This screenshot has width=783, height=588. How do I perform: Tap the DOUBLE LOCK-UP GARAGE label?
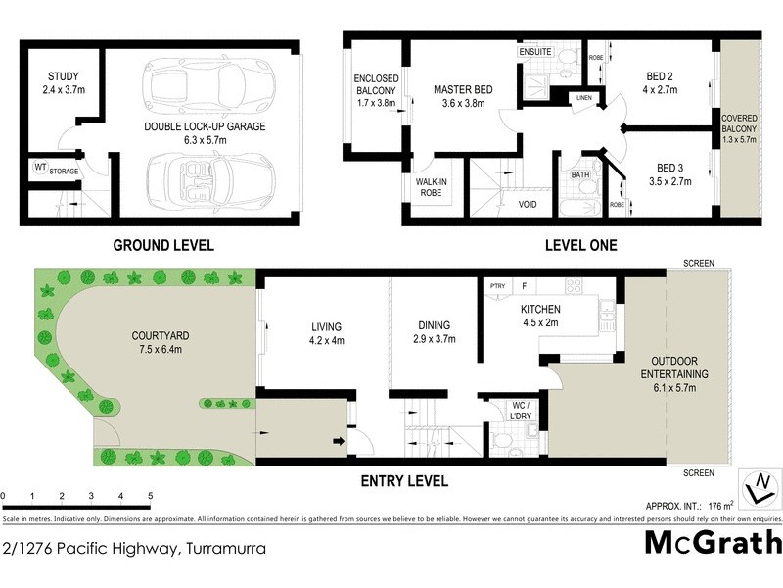coord(205,126)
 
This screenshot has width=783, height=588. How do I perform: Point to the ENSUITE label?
coord(535,51)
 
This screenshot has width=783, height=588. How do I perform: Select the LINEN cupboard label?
coord(584,98)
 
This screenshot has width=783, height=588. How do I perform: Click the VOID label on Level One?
coord(528,205)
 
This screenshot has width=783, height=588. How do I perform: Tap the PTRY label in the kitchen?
coord(496,285)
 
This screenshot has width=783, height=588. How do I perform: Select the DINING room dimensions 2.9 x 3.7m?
coord(433,340)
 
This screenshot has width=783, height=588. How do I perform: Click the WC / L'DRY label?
coord(520,410)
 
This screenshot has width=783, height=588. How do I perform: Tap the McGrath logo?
coord(713,542)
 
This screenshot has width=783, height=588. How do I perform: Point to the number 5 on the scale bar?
coord(150,497)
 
